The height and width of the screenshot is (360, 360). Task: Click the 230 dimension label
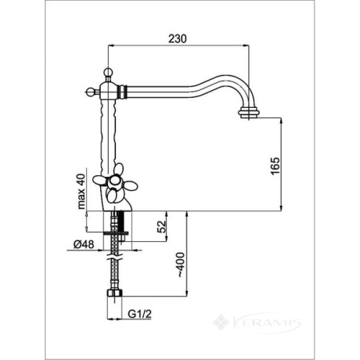(x=178, y=38)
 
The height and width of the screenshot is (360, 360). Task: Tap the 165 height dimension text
(x=275, y=166)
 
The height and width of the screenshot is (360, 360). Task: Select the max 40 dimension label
(x=81, y=191)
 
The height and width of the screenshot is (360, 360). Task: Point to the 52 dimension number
(x=161, y=226)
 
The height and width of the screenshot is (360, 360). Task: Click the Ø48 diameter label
(x=84, y=244)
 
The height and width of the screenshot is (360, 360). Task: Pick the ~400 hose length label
(x=181, y=265)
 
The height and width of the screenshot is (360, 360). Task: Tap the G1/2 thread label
(x=139, y=314)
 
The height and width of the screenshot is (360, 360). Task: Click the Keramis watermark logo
(x=257, y=322)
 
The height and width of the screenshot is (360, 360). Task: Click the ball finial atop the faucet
(x=108, y=72)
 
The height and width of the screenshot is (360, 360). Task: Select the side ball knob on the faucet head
(x=89, y=92)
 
